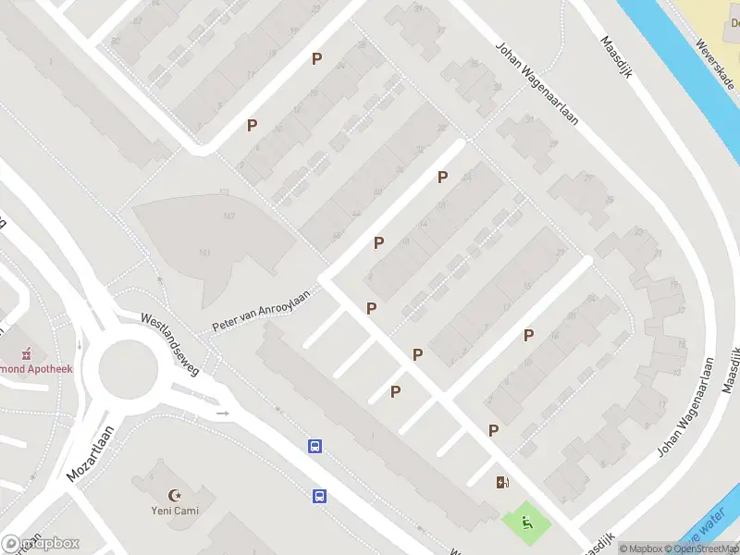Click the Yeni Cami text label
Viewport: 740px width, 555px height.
click(176, 510)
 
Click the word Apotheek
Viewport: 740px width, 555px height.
click(55, 368)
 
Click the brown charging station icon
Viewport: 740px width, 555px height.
click(502, 481)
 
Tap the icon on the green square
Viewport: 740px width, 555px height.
click(526, 524)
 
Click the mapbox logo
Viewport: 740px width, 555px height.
click(41, 544)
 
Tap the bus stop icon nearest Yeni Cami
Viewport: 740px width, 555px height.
click(319, 495)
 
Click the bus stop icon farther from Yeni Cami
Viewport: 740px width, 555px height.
click(314, 447)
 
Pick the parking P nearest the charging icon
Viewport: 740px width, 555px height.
click(494, 429)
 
